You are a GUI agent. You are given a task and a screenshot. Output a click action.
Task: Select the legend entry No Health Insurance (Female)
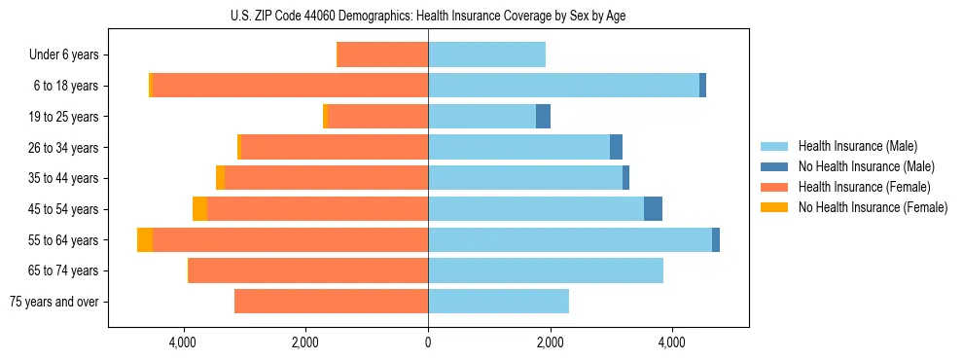pyautogui.click(x=873, y=207)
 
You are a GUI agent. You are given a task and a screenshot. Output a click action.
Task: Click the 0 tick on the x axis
pyautogui.click(x=428, y=342)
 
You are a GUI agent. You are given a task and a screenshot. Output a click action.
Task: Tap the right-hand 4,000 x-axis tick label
pyautogui.click(x=672, y=342)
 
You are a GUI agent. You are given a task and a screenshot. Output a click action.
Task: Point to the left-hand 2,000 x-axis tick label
pyautogui.click(x=305, y=342)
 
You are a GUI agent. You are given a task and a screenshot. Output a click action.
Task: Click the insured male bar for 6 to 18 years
pyautogui.click(x=564, y=86)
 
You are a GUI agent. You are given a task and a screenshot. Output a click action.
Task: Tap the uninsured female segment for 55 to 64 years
pyautogui.click(x=145, y=239)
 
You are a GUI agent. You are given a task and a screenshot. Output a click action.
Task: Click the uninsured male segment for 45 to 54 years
pyautogui.click(x=653, y=209)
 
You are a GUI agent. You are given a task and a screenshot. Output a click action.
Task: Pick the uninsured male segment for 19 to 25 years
pyautogui.click(x=543, y=117)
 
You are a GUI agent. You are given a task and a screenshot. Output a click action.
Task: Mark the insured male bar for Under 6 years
pyautogui.click(x=486, y=54)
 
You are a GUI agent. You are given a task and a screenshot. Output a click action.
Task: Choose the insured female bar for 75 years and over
pyautogui.click(x=331, y=302)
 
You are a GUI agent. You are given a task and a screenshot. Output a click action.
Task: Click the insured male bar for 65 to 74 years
pyautogui.click(x=545, y=270)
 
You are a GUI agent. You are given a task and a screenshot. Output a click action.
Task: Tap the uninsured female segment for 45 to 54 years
pyautogui.click(x=199, y=209)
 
